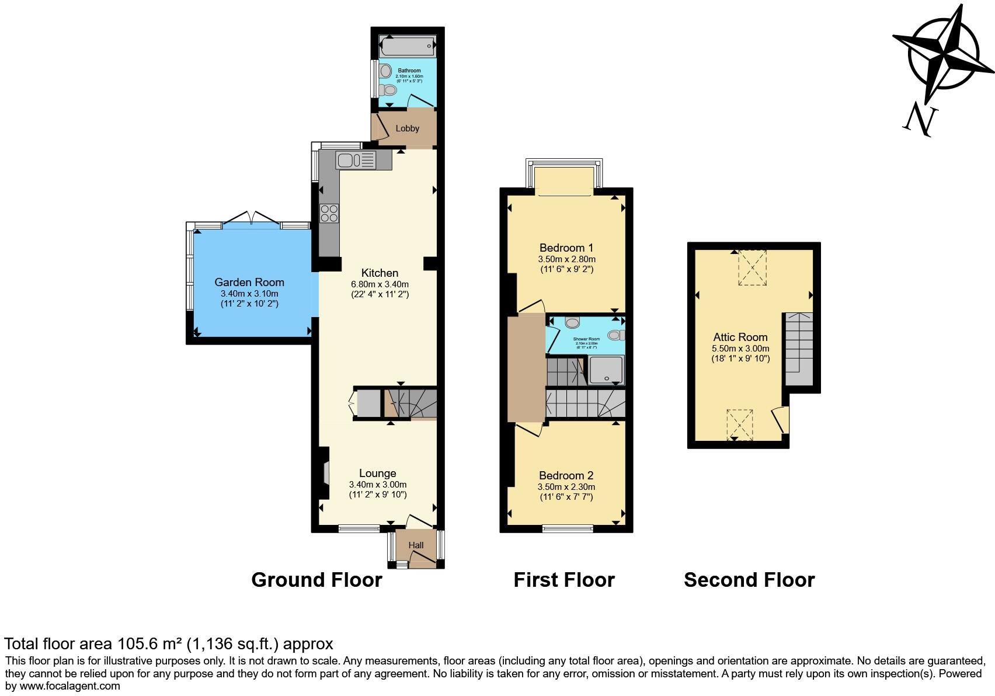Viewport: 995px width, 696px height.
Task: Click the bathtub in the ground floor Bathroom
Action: point(407,46)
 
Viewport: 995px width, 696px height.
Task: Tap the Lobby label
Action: point(407,128)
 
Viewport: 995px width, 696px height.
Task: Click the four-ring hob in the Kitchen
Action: point(329,213)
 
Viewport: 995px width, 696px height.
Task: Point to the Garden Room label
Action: point(249,283)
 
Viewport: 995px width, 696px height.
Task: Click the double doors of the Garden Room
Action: point(252,220)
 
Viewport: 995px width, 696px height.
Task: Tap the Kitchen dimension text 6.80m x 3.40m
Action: point(380,284)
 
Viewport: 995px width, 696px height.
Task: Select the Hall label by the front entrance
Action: point(416,545)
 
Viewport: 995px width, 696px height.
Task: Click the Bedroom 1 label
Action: point(566,248)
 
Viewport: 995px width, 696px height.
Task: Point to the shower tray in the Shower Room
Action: point(607,370)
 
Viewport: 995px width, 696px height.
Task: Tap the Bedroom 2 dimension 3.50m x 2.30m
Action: point(566,487)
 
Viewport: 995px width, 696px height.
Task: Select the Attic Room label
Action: point(740,337)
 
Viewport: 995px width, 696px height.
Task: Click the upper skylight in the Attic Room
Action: point(753,267)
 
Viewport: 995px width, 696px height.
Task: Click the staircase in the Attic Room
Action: point(798,349)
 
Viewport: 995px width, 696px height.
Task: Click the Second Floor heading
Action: point(749,580)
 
